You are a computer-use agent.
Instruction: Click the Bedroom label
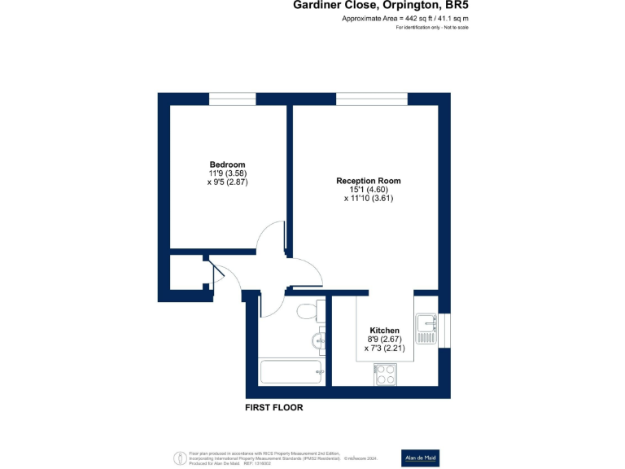(227, 164)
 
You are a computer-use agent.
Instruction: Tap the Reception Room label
(369, 181)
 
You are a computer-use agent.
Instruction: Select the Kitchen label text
(385, 331)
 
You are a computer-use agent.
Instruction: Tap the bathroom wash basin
(318, 340)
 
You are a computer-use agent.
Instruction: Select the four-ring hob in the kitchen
(385, 375)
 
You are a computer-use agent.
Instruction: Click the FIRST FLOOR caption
(274, 408)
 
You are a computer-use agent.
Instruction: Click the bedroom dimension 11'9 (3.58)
(227, 173)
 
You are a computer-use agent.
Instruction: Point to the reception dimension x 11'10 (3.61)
(369, 198)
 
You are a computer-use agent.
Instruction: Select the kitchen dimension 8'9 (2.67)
(385, 340)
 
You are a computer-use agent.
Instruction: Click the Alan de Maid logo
(421, 458)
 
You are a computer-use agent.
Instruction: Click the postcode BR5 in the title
(452, 5)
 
